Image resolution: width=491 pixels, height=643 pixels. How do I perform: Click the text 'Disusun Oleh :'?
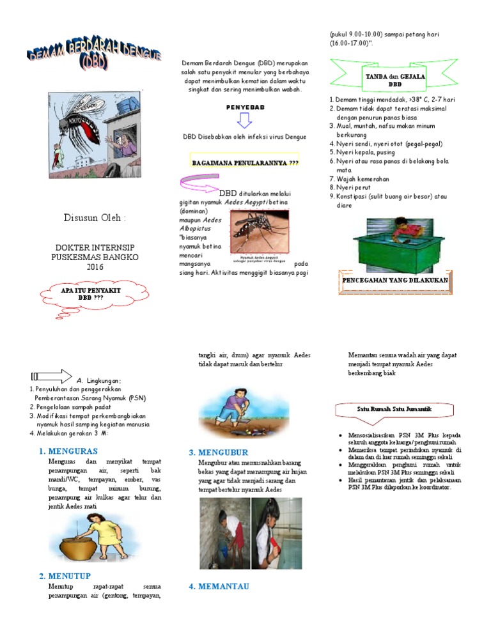95,218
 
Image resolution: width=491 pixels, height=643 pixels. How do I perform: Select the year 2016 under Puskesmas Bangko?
95,266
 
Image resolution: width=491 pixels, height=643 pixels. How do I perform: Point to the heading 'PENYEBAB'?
245,108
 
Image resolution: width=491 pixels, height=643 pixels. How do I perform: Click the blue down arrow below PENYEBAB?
245,121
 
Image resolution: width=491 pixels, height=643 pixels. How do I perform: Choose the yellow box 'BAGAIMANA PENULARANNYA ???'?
245,162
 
